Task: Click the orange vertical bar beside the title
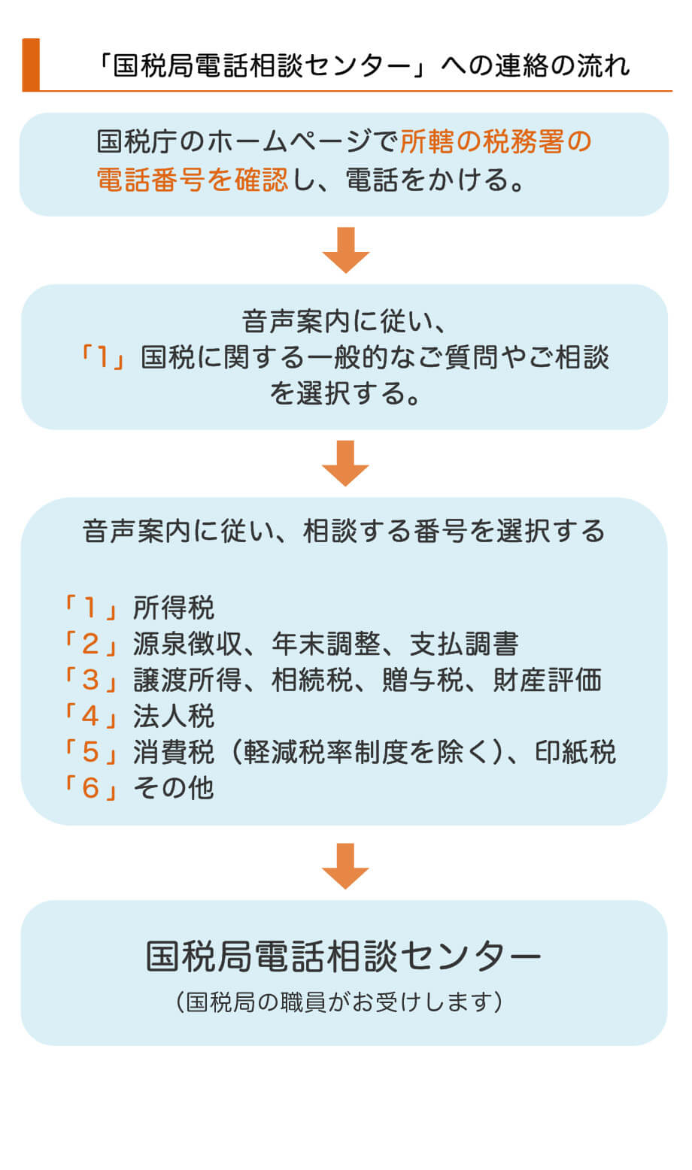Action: tap(31, 65)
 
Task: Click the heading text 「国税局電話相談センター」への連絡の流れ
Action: tap(364, 66)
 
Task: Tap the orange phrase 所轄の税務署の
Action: tap(496, 141)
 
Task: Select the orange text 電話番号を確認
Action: tap(192, 180)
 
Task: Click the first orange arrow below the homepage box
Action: tap(345, 250)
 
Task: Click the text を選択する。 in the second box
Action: tap(345, 393)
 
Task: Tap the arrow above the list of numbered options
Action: tap(345, 463)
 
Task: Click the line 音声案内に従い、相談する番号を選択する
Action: tap(344, 531)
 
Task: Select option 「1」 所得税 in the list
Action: tap(138, 608)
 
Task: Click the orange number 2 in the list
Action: tap(90, 644)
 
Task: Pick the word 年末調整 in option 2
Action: tap(326, 644)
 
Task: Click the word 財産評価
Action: tap(548, 680)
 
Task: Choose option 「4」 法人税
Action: tap(138, 716)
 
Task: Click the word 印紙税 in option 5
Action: tap(575, 752)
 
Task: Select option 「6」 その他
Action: tap(138, 788)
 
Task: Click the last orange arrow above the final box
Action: tap(345, 866)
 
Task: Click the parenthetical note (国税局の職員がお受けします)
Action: tap(340, 1002)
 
